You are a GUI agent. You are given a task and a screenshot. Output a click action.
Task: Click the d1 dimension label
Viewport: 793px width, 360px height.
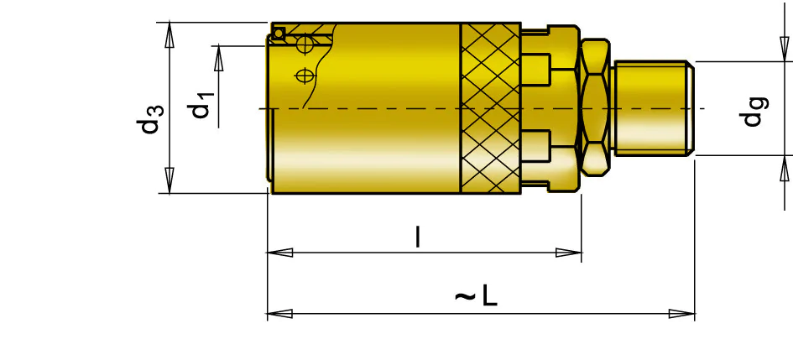coord(201,105)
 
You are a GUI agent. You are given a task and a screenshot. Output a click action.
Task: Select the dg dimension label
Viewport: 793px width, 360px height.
coord(754,112)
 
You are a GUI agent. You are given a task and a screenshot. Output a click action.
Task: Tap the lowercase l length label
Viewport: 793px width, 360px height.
coord(418,237)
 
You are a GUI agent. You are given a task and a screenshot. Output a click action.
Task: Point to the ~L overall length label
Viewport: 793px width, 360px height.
coord(476,295)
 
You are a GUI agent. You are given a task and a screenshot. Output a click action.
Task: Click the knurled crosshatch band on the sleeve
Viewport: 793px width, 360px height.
coord(491,108)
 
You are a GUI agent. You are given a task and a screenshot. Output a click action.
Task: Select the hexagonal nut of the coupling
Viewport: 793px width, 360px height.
coord(595,107)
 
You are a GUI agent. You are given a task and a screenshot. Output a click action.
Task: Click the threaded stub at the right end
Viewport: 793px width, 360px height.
coord(653,107)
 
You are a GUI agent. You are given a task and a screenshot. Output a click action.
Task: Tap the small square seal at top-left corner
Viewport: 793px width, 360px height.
coord(278,34)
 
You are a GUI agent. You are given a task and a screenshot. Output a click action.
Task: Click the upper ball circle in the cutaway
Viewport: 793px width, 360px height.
coord(305,44)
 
